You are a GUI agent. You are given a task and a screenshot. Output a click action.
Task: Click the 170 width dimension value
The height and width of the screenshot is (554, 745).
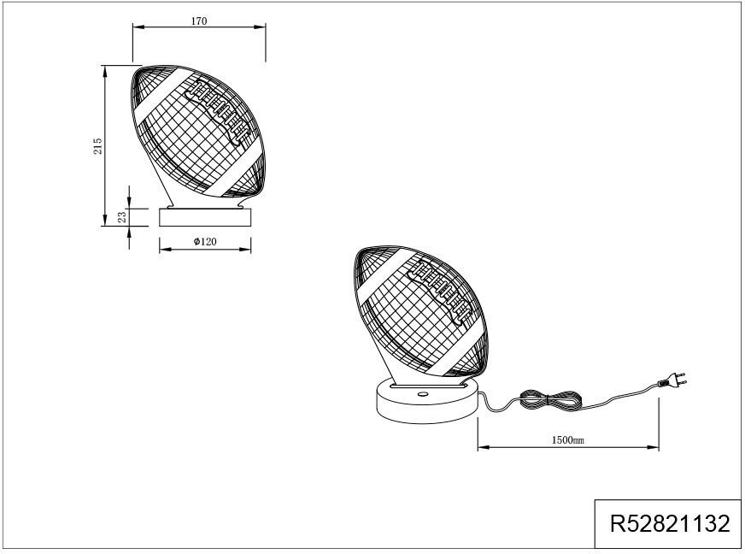[x=199, y=20]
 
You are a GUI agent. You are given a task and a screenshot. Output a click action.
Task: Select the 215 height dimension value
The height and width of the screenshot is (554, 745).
[x=98, y=145]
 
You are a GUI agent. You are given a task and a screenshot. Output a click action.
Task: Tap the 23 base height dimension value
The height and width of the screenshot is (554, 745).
[x=122, y=217]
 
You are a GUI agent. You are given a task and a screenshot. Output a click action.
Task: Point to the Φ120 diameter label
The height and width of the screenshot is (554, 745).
[x=205, y=242]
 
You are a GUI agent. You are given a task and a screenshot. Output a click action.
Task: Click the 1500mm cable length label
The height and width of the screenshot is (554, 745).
[x=568, y=440]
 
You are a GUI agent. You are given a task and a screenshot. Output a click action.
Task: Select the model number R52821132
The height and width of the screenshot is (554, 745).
[x=669, y=523]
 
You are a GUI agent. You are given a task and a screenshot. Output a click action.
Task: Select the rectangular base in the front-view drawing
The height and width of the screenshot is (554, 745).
[x=206, y=217]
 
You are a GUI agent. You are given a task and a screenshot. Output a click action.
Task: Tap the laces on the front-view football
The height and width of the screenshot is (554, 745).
[x=220, y=112]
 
